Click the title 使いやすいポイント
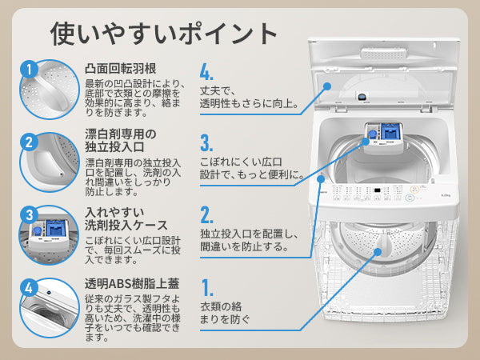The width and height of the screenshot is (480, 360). click(164, 33)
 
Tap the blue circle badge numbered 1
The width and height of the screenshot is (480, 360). click(28, 70)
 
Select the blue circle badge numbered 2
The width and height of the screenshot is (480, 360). click(28, 142)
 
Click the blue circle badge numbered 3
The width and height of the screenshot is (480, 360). click(28, 214)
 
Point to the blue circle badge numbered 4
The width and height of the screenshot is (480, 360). click(28, 287)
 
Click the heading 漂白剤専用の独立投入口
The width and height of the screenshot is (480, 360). click(121, 139)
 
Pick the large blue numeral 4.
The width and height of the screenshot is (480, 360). click(207, 73)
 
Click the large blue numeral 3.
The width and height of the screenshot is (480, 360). click(206, 144)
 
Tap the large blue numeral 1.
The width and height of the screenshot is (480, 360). click(206, 288)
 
